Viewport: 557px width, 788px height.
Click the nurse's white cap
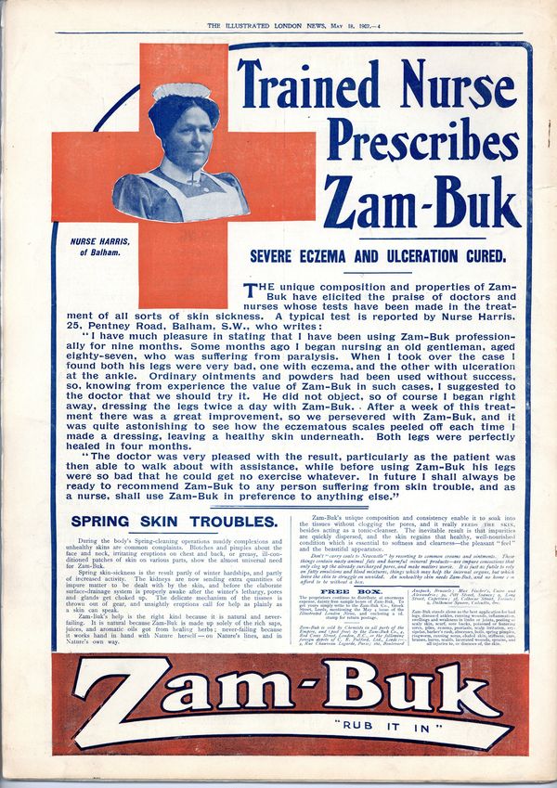pyautogui.click(x=181, y=91)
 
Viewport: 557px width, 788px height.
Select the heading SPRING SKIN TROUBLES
pyautogui.click(x=174, y=522)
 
